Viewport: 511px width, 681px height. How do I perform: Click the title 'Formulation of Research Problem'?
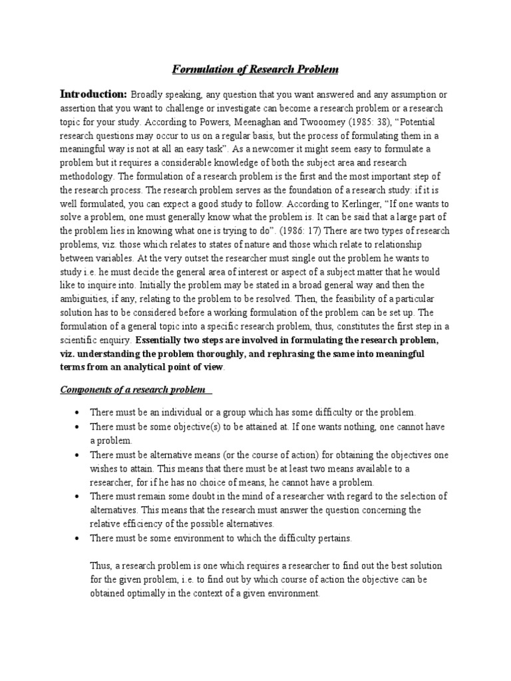pos(255,69)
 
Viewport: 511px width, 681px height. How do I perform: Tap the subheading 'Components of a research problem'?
pos(124,390)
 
